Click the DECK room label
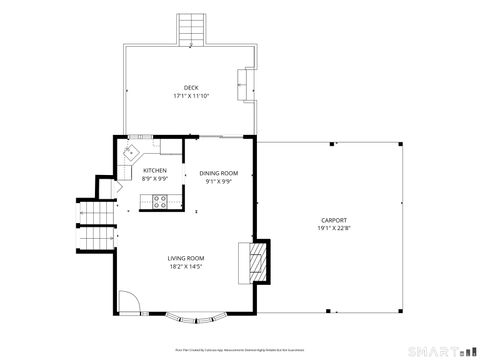(x=190, y=88)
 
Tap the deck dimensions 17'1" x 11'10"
(x=190, y=97)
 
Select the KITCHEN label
(x=155, y=171)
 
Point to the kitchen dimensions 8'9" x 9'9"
(x=155, y=180)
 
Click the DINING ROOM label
(x=218, y=173)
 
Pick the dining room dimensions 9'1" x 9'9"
(x=218, y=182)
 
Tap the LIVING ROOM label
(x=186, y=259)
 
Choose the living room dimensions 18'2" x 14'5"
(x=186, y=268)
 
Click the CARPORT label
(x=334, y=220)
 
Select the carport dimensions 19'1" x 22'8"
(x=334, y=229)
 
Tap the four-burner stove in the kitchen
(x=158, y=203)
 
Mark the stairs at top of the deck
(x=190, y=29)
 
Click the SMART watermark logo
(x=438, y=350)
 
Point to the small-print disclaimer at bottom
(x=239, y=350)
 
